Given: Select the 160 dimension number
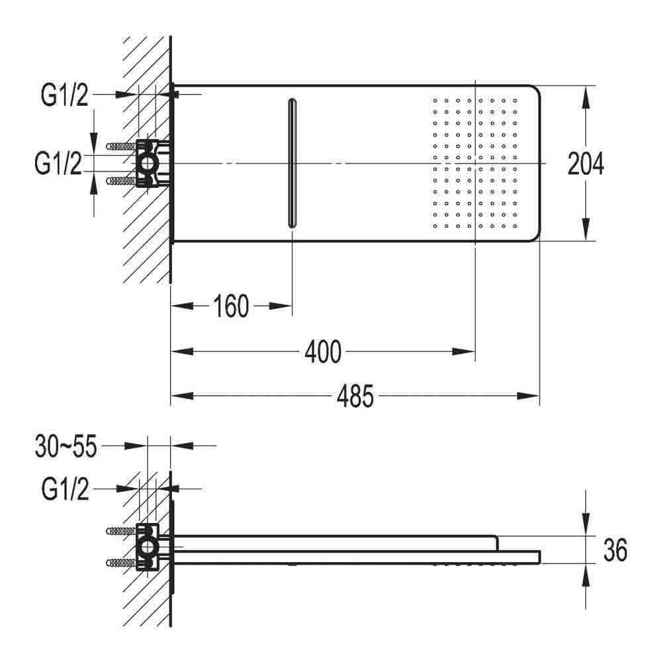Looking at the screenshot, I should coord(231,307).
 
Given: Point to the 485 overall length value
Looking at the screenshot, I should coord(355,397).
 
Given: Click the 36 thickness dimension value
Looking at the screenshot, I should coord(615,550).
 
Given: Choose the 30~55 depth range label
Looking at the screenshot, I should coord(65,447).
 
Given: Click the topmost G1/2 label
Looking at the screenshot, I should coord(64,96).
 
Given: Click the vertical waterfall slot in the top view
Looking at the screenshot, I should coord(293,163).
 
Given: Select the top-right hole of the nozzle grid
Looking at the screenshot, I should coord(514,101).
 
